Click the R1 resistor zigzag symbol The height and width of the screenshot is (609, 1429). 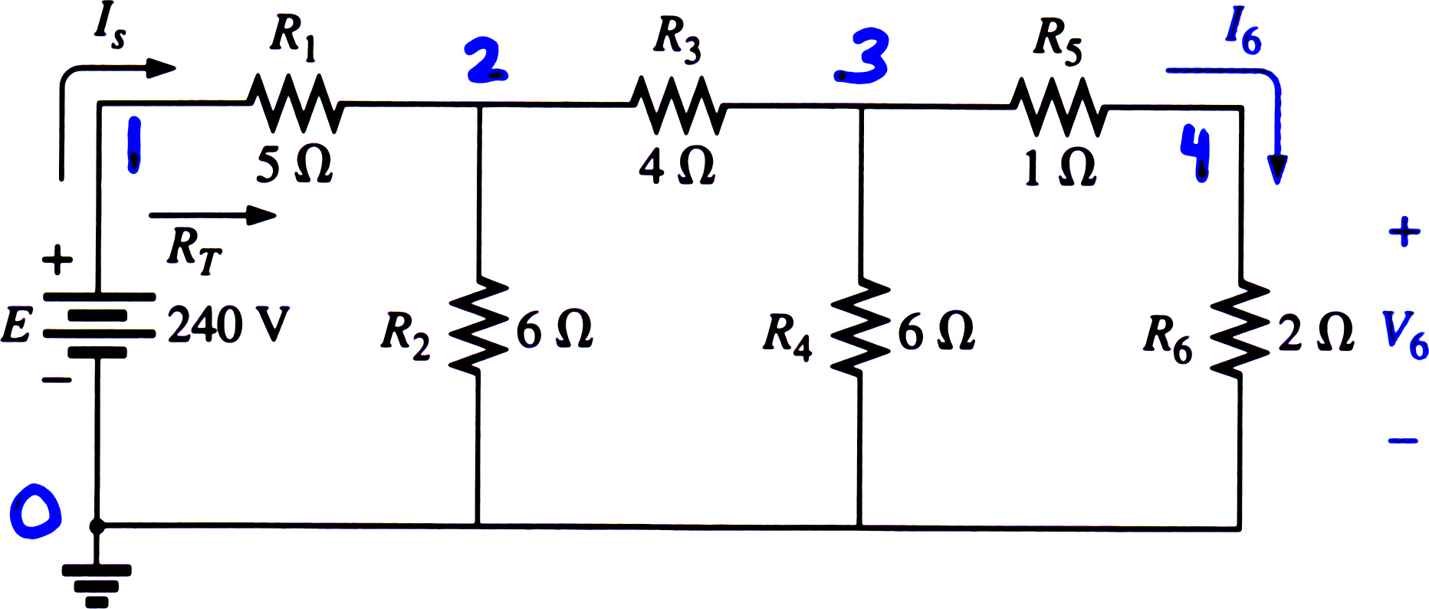pyautogui.click(x=294, y=103)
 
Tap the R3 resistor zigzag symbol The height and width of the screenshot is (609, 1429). pyautogui.click(x=678, y=105)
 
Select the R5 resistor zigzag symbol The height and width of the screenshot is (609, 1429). pyautogui.click(x=1059, y=107)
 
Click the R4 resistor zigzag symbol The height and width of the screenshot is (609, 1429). pyautogui.click(x=860, y=327)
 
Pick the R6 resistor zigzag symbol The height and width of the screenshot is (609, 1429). pyautogui.click(x=1240, y=328)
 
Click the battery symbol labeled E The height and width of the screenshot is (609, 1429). pyautogui.click(x=98, y=326)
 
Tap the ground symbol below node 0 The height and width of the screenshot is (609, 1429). pyautogui.click(x=97, y=586)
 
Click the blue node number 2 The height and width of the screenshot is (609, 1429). pyautogui.click(x=486, y=61)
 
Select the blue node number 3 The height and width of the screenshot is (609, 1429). pyautogui.click(x=862, y=57)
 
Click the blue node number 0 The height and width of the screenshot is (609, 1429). pyautogui.click(x=35, y=510)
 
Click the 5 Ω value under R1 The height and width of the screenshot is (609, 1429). pyautogui.click(x=294, y=164)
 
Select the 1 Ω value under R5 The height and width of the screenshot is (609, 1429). pyautogui.click(x=1060, y=166)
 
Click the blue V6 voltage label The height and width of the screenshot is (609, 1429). pyautogui.click(x=1404, y=335)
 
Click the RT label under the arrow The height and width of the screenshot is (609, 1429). pyautogui.click(x=195, y=250)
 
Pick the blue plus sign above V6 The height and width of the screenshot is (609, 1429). pyautogui.click(x=1404, y=231)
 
